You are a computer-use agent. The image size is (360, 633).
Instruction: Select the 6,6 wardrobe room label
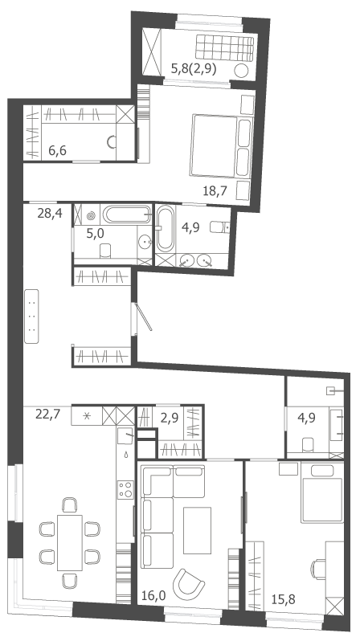pyautogui.click(x=57, y=150)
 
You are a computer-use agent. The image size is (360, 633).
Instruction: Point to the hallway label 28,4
pyautogui.click(x=50, y=213)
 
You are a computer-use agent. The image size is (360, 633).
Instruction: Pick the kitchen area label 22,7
pyautogui.click(x=48, y=415)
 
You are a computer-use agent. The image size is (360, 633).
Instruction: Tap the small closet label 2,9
pyautogui.click(x=170, y=418)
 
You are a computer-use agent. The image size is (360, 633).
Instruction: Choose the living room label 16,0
pyautogui.click(x=154, y=594)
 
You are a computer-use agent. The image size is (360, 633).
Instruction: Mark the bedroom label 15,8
pyautogui.click(x=282, y=598)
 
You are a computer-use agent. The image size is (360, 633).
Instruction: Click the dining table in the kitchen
pyautogui.click(x=70, y=542)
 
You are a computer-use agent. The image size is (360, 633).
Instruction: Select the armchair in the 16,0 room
pyautogui.click(x=188, y=585)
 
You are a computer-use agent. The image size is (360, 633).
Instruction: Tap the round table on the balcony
pyautogui.click(x=241, y=71)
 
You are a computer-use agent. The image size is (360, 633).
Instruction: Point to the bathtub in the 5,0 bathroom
pyautogui.click(x=127, y=214)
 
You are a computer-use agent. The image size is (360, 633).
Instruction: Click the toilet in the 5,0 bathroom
pyautogui.click(x=105, y=251)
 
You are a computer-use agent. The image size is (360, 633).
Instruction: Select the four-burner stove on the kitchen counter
pyautogui.click(x=125, y=489)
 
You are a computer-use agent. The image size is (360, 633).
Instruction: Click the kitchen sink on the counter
pyautogui.click(x=125, y=436)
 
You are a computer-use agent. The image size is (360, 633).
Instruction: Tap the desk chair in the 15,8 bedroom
pyautogui.click(x=318, y=570)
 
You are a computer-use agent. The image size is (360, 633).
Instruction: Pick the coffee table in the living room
pyautogui.click(x=197, y=530)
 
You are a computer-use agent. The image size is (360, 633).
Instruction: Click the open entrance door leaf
pyautogui.click(x=145, y=317)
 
